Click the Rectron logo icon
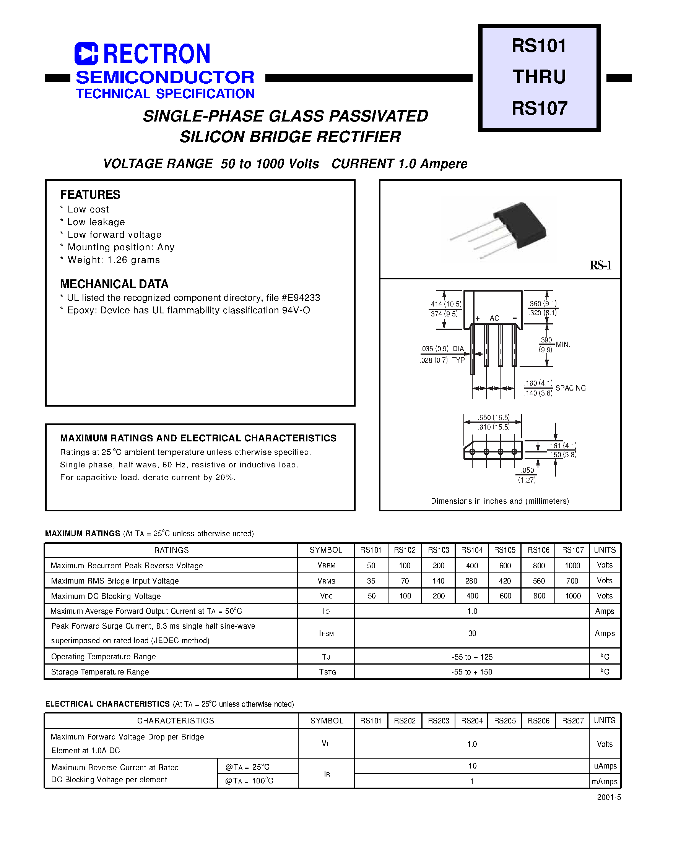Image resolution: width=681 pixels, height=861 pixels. tap(86, 54)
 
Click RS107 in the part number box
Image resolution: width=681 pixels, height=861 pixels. tap(539, 109)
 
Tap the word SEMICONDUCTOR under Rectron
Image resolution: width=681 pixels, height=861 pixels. tap(165, 77)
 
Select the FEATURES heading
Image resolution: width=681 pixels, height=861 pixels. tap(90, 195)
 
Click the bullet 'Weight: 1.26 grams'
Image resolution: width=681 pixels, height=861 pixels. tap(114, 260)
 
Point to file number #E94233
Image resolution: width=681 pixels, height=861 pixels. tap(301, 298)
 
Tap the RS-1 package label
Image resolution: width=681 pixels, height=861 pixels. tap(600, 265)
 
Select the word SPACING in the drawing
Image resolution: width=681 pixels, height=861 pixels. tap(570, 388)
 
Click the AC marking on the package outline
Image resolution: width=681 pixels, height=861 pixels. tap(494, 318)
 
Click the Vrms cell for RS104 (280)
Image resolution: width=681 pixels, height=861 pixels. tap(471, 581)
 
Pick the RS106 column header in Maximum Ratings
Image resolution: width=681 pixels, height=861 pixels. tap(539, 550)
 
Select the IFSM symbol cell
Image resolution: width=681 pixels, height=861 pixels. tap(326, 633)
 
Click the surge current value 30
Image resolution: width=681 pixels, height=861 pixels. tap(472, 633)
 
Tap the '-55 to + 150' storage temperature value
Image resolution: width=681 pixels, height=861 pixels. tap(472, 672)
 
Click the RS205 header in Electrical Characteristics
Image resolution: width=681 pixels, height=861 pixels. tap(505, 720)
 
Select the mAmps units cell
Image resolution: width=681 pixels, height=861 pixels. tap(605, 781)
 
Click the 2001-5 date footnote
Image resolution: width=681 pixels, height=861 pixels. tap(609, 797)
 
